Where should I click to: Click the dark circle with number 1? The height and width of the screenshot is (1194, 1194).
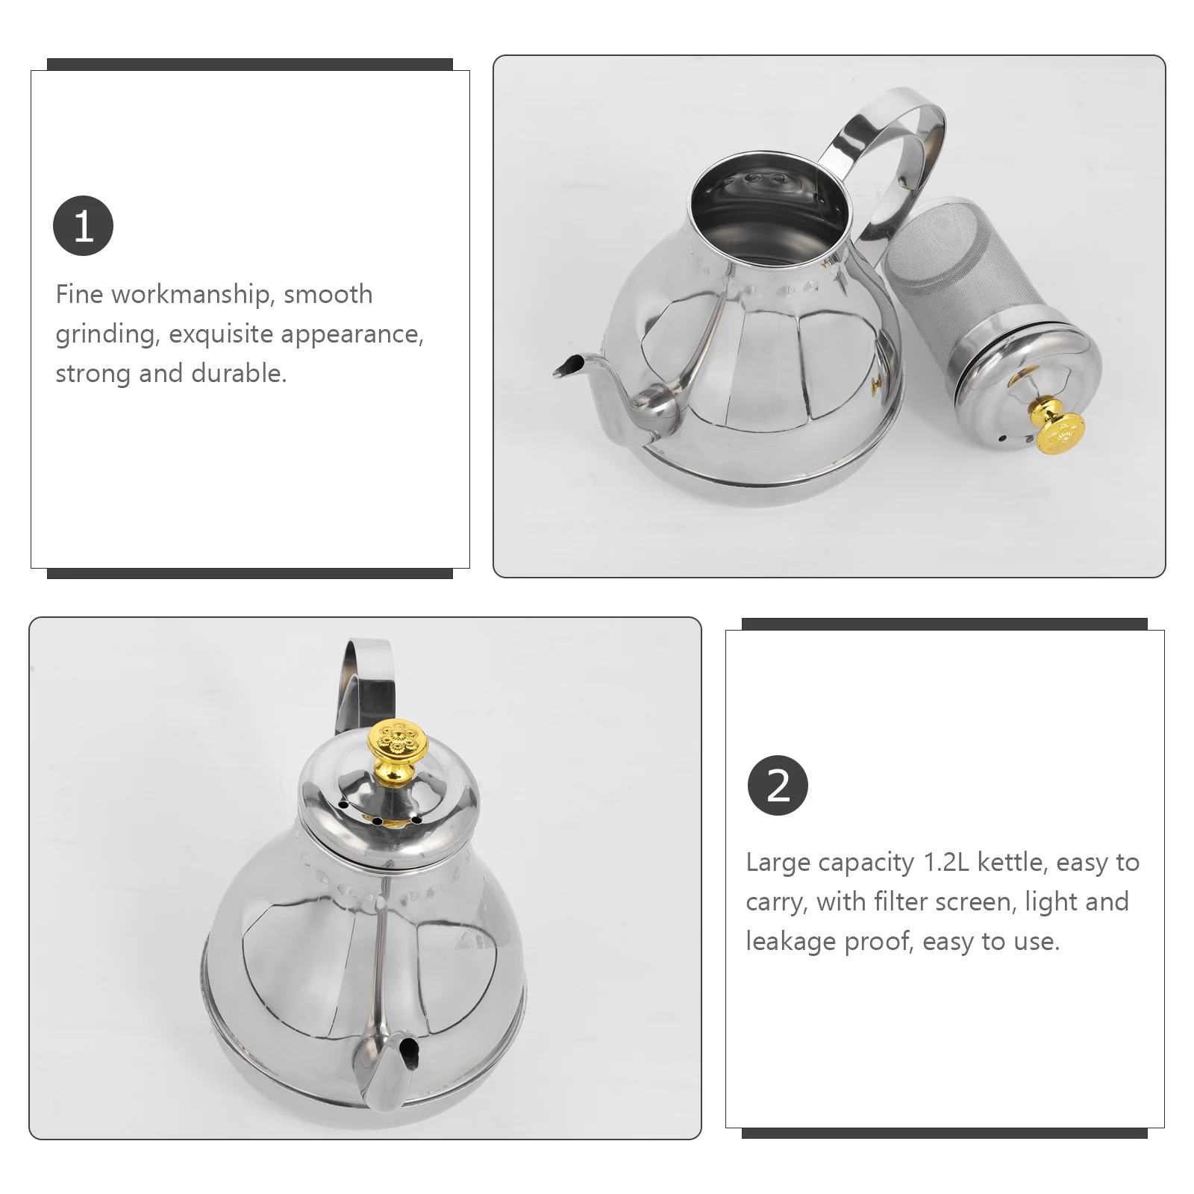(x=83, y=225)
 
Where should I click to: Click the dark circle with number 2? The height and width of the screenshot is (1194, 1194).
(x=778, y=785)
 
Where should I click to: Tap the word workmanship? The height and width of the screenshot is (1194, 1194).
(x=190, y=295)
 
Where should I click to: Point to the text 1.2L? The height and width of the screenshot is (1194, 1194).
(x=946, y=863)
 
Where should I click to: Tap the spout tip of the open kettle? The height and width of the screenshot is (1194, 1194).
(x=566, y=366)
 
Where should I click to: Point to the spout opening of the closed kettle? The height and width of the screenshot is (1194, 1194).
(x=407, y=1053)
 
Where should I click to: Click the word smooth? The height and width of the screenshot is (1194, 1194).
(x=328, y=295)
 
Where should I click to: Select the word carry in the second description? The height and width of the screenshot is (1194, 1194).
(x=776, y=903)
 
